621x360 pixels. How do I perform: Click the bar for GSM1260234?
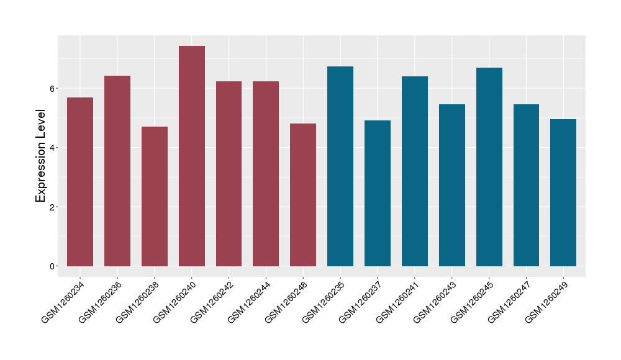(x=80, y=182)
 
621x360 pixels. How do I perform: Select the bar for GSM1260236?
(x=117, y=171)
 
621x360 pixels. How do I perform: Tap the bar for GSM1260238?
(x=155, y=196)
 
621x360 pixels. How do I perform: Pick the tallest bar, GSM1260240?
(x=192, y=156)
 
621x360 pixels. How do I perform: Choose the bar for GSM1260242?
(x=229, y=174)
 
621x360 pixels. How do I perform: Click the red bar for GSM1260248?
(x=303, y=195)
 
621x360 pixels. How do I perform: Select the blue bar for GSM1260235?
(x=340, y=166)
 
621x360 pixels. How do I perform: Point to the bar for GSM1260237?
(x=378, y=193)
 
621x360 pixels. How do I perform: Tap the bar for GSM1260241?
(x=415, y=171)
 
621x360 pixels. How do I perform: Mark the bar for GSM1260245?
(x=489, y=167)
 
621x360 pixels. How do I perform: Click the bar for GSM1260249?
(x=563, y=192)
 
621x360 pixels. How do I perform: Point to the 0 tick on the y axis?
(x=53, y=266)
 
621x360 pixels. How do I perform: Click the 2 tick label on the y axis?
(x=53, y=207)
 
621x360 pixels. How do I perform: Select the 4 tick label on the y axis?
(x=53, y=148)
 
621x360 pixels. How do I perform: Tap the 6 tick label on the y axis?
(x=53, y=88)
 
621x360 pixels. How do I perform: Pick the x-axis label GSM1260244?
(x=248, y=301)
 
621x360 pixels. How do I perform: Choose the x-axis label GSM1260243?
(x=434, y=301)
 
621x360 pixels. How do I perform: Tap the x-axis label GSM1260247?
(x=509, y=301)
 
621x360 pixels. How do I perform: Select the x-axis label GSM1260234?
(x=63, y=301)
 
